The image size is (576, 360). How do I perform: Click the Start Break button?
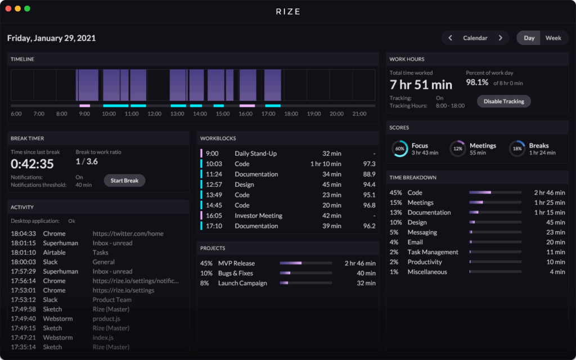click(x=124, y=181)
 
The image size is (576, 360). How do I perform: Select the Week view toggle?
click(x=553, y=38)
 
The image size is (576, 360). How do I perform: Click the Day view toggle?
click(x=529, y=38)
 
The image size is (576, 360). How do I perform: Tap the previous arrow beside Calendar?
click(x=451, y=38)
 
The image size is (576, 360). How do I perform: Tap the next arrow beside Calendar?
click(x=500, y=38)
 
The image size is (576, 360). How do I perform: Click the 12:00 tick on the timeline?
click(x=154, y=114)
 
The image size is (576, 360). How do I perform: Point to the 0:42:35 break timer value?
click(x=32, y=164)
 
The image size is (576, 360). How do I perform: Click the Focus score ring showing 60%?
click(x=400, y=148)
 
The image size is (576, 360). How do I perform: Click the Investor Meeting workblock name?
click(x=258, y=215)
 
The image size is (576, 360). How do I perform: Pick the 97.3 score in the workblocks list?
click(x=369, y=164)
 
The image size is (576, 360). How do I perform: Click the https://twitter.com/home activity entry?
click(x=128, y=233)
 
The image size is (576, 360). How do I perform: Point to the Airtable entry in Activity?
click(x=54, y=253)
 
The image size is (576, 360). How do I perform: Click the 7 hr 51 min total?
click(x=421, y=85)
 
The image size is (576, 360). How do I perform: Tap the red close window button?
click(x=8, y=8)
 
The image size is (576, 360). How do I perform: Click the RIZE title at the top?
click(x=288, y=11)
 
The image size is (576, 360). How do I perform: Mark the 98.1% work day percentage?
click(x=477, y=83)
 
